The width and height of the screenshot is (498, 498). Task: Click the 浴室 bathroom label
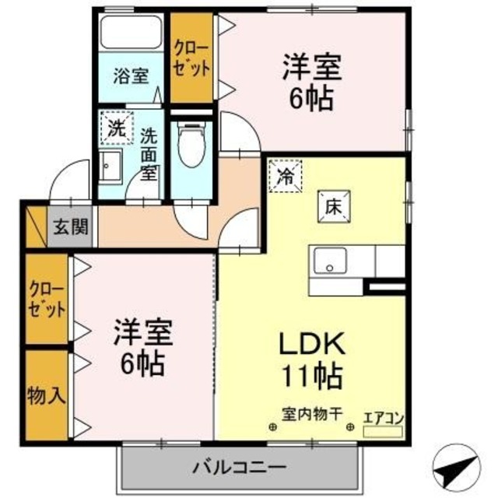130,75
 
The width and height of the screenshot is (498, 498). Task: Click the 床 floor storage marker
330,208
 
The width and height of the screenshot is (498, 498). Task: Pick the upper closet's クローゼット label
191,59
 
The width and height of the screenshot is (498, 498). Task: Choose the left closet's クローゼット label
46,298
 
